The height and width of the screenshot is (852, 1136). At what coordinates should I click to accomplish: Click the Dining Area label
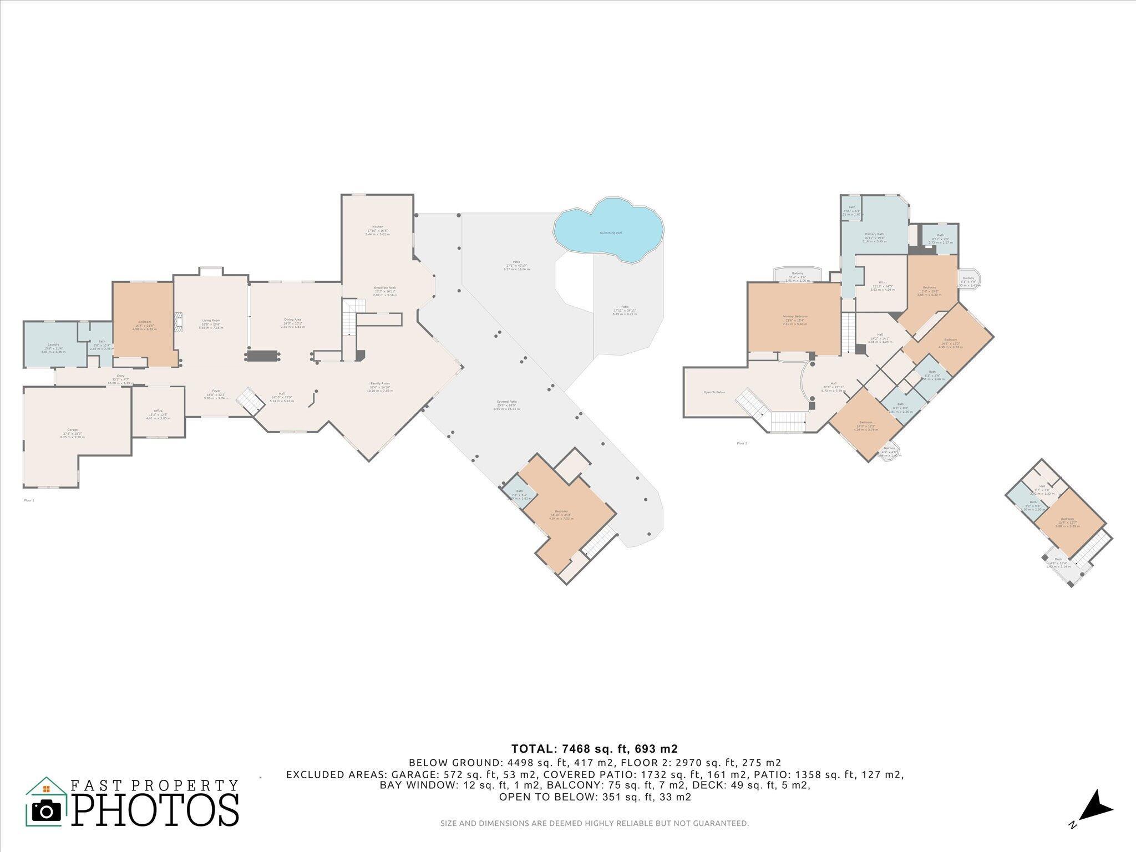(293, 321)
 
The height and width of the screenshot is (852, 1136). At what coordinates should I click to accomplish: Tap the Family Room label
(380, 386)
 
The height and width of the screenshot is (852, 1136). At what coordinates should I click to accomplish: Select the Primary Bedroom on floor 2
(794, 318)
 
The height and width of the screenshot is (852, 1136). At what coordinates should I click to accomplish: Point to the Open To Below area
(714, 392)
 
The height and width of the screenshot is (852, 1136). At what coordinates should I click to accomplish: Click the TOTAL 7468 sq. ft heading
(594, 749)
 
